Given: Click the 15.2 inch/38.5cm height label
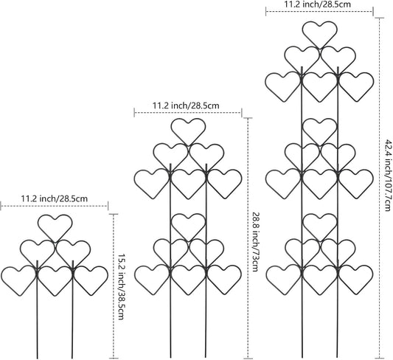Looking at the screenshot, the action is pos(121,287).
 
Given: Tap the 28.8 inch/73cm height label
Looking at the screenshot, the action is pos(254,242).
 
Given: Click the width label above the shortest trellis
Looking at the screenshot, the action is pos(55,198).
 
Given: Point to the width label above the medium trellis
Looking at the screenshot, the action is pos(186,105).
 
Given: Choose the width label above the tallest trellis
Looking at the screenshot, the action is pos(317,4).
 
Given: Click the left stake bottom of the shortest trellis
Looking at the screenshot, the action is pos(38,358).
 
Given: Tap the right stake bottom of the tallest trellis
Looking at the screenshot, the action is pos(338,357).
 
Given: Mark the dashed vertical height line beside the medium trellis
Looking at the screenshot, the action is pos(248,238).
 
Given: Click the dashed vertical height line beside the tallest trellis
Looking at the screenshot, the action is pos(380,188).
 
